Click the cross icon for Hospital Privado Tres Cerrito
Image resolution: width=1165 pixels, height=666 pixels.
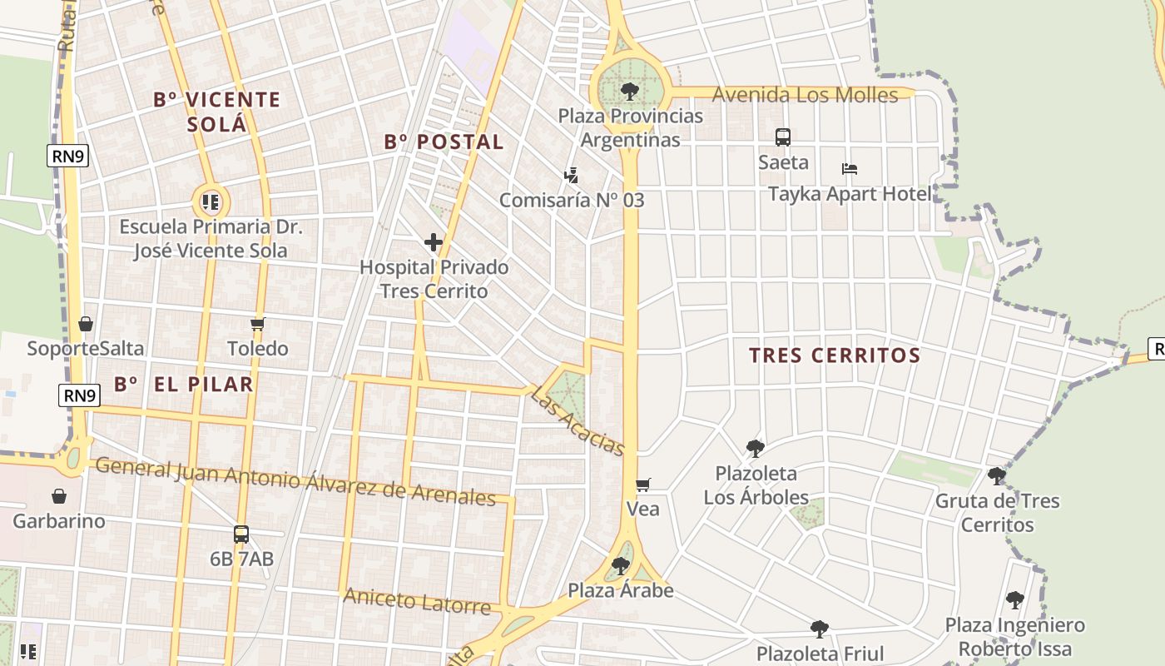pyautogui.click(x=433, y=243)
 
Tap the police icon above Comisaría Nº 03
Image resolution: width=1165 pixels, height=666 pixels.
pyautogui.click(x=571, y=175)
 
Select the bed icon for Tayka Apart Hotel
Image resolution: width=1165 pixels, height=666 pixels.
pyautogui.click(x=849, y=169)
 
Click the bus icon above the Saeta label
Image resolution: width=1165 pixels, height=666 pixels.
pyautogui.click(x=782, y=137)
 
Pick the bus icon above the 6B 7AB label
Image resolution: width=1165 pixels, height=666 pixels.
pyautogui.click(x=241, y=534)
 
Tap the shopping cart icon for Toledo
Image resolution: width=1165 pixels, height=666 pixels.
pyautogui.click(x=258, y=325)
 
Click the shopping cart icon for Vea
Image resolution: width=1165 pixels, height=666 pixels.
pyautogui.click(x=642, y=485)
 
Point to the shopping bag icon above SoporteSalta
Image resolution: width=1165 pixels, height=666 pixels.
pyautogui.click(x=85, y=324)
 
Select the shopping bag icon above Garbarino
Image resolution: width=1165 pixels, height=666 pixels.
pyautogui.click(x=59, y=496)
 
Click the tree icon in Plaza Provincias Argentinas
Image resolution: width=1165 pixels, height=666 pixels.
pyautogui.click(x=630, y=91)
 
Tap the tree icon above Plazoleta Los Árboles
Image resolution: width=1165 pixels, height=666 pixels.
pyautogui.click(x=755, y=449)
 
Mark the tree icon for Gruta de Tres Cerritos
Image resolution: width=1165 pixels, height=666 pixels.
pyautogui.click(x=996, y=476)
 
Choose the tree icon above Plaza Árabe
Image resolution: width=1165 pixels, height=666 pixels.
pyautogui.click(x=620, y=566)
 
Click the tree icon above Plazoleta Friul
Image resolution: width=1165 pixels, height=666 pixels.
pyautogui.click(x=820, y=629)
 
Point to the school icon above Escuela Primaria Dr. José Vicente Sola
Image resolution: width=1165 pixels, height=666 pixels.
pyautogui.click(x=211, y=201)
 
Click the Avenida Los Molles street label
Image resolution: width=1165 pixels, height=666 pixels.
pyautogui.click(x=806, y=95)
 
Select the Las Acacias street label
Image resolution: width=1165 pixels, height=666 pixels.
pyautogui.click(x=578, y=422)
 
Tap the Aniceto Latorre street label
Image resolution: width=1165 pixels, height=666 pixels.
pyautogui.click(x=417, y=600)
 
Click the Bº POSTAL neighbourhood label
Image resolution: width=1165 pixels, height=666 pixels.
pyautogui.click(x=444, y=142)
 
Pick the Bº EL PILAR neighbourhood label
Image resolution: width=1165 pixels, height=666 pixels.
pyautogui.click(x=183, y=384)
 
